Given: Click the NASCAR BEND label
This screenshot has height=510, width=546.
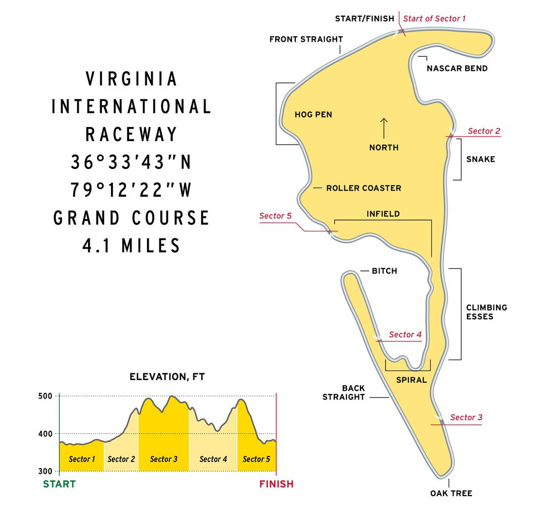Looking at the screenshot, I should click(457, 69).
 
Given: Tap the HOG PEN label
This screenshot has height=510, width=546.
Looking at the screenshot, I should click(313, 115).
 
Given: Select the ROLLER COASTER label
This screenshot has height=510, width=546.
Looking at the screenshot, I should click(363, 188).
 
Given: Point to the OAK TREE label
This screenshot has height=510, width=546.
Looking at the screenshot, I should click(451, 493).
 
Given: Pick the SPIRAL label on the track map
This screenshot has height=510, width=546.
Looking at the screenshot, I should click(411, 380).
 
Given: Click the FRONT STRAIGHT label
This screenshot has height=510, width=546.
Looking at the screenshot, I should click(306, 40).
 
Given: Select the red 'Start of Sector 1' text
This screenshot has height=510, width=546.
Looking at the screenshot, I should click(435, 18).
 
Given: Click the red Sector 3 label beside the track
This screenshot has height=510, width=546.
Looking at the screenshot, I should click(466, 417).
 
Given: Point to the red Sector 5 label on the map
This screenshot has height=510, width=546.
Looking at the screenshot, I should click(275, 216).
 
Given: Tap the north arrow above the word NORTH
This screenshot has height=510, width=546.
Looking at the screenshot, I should click(384, 128).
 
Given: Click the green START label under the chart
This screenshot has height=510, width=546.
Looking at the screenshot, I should click(59, 484).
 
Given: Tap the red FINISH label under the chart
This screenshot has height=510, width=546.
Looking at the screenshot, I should click(276, 484).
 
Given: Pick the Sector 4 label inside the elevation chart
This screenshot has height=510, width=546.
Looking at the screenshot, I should click(213, 459).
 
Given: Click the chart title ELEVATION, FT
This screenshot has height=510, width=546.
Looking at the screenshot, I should click(167, 377).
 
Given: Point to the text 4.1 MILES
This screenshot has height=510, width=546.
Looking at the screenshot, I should click(131, 246).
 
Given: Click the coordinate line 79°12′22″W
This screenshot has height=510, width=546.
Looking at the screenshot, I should click(131, 190).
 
